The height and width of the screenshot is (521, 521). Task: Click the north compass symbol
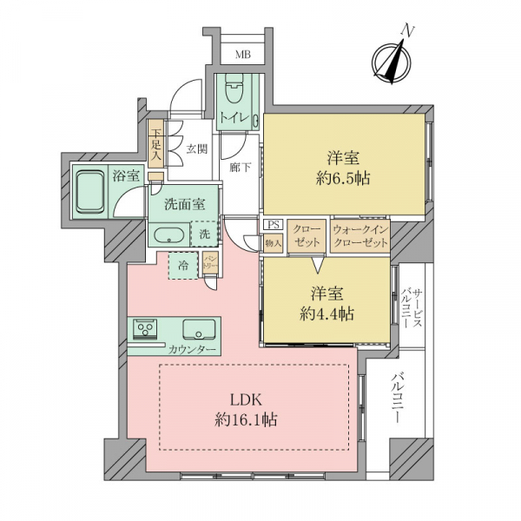click(x=392, y=62)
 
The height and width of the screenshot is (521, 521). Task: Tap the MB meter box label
click(x=243, y=55)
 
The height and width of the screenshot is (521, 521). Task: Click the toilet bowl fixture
click(x=234, y=89)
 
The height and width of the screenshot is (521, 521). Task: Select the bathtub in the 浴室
click(x=89, y=191)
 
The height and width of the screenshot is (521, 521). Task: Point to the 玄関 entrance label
click(x=197, y=149)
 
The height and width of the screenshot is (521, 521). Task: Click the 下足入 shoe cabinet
click(x=155, y=143)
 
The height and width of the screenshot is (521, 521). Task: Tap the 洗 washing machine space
click(x=204, y=234)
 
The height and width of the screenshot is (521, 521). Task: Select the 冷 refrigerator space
click(x=183, y=266)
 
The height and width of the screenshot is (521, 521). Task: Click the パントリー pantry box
click(x=211, y=263)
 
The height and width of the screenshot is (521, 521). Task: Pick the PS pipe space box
click(x=274, y=225)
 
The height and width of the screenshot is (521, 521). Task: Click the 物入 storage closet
click(x=274, y=243)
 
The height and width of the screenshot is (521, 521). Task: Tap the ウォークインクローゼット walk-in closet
click(x=360, y=236)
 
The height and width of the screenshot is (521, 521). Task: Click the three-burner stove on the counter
click(x=145, y=329)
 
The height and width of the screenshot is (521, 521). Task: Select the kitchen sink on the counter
click(x=199, y=329)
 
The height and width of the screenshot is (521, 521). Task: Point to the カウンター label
click(x=193, y=350)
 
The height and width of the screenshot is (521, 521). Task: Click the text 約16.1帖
click(x=247, y=420)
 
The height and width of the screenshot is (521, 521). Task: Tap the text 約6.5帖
click(x=344, y=179)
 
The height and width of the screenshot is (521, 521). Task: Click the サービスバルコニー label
click(x=412, y=308)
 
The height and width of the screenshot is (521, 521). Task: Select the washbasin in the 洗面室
click(x=169, y=235)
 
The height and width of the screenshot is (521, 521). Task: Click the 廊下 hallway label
click(x=240, y=167)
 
